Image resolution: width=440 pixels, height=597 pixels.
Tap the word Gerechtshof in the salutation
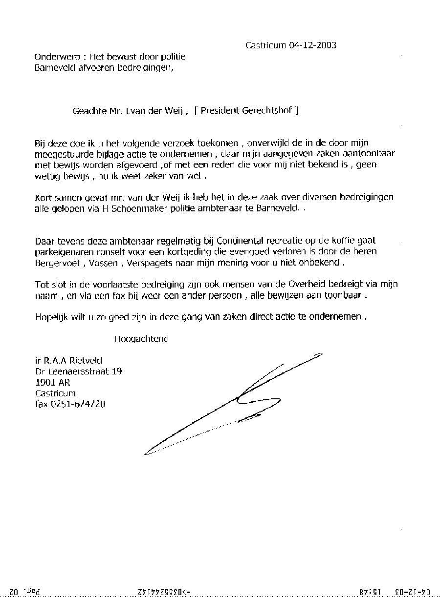coord(267,110)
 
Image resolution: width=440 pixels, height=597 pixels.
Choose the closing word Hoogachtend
coord(141,339)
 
